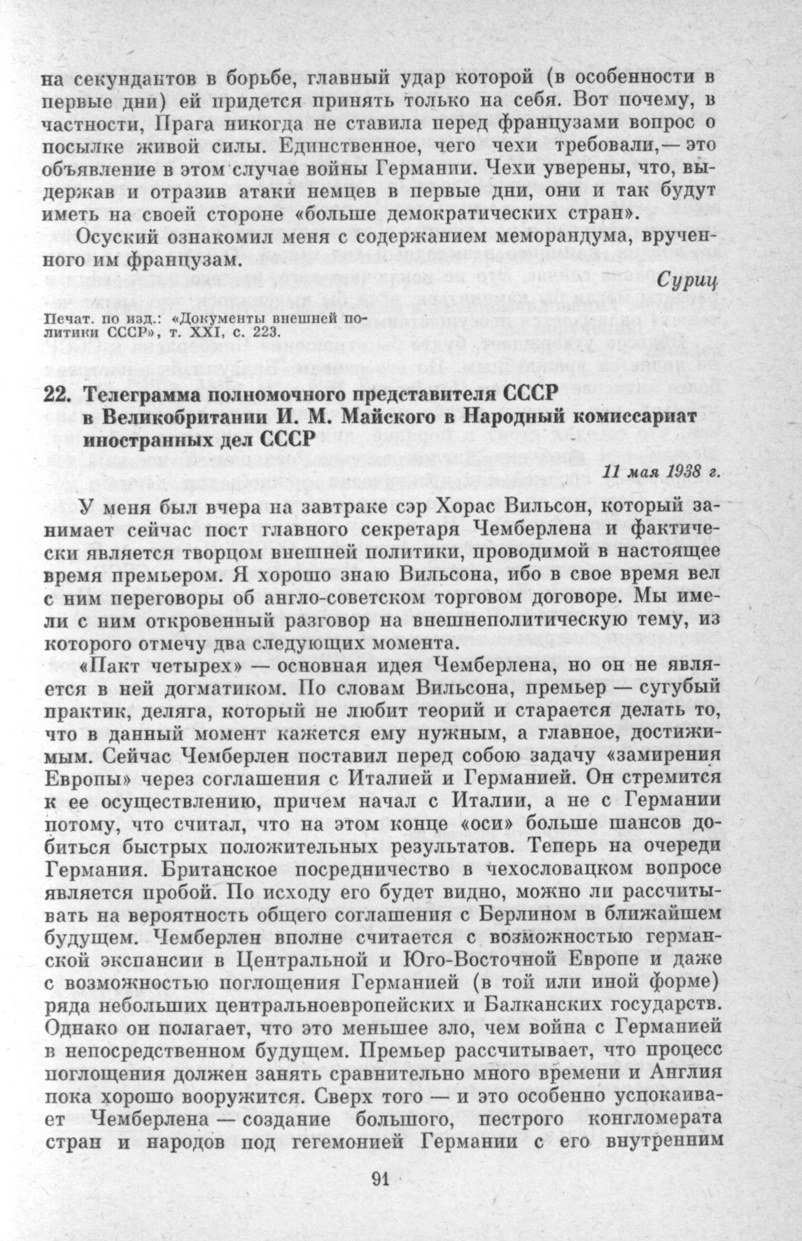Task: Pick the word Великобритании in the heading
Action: [178, 417]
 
